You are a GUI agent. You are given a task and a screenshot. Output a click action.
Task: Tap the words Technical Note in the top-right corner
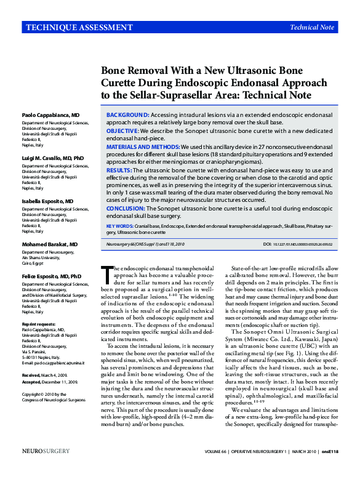(x=312, y=27)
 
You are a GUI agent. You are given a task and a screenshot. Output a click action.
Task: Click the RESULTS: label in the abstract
(x=119, y=169)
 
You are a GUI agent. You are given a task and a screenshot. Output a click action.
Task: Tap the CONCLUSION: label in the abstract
(x=127, y=209)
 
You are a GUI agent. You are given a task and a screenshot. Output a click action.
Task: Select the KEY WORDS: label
(x=119, y=227)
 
